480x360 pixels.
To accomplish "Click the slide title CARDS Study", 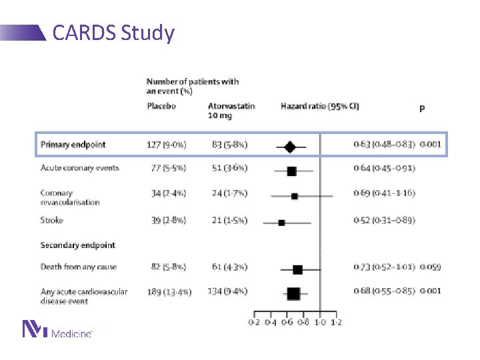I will (113, 33).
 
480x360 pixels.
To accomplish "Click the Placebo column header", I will (161, 107).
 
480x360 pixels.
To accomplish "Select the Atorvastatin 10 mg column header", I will (231, 111).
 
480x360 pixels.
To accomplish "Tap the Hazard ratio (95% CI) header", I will (320, 107).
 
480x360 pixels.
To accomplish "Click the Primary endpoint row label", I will (73, 145).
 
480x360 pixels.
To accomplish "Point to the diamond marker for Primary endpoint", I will (289, 146).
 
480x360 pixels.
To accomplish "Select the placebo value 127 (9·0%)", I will (166, 145).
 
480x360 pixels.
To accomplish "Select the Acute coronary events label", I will (79, 168).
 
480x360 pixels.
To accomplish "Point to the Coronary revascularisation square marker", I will (295, 196).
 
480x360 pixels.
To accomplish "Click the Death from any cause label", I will (79, 267).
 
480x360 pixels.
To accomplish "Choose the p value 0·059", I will (431, 267).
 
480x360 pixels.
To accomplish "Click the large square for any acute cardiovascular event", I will (293, 293).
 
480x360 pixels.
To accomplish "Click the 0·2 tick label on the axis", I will (254, 322).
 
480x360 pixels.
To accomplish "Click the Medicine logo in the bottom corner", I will (57, 329).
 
